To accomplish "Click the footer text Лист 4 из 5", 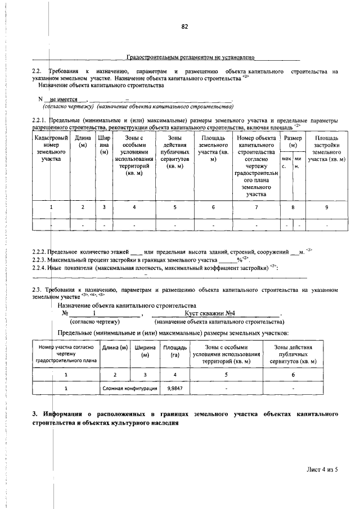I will (323, 468).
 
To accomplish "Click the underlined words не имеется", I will (64, 99).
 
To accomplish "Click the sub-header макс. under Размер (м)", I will (286, 163).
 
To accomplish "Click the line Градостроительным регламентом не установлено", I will (191, 57).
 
